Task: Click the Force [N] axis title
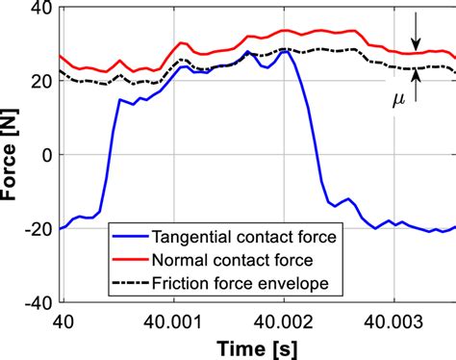12,155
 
